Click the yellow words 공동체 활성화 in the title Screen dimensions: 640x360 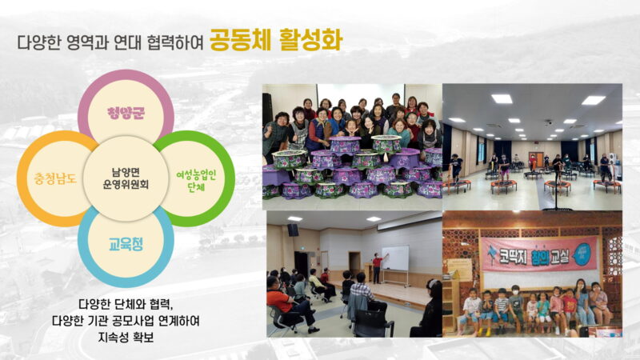tap(276, 40)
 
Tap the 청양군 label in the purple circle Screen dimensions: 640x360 tap(126, 113)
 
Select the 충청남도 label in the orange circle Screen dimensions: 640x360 tap(55, 178)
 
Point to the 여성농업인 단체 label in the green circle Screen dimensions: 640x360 tap(196, 181)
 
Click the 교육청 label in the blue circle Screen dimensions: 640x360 tap(126, 244)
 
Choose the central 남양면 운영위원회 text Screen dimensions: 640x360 tap(126, 178)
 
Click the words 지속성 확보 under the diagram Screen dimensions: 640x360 tap(126, 337)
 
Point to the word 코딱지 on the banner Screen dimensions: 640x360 tap(513, 256)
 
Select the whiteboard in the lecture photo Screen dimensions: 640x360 tap(394, 258)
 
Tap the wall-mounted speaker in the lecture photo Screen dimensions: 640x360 tap(292, 230)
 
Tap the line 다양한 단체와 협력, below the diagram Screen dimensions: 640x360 tap(126, 304)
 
